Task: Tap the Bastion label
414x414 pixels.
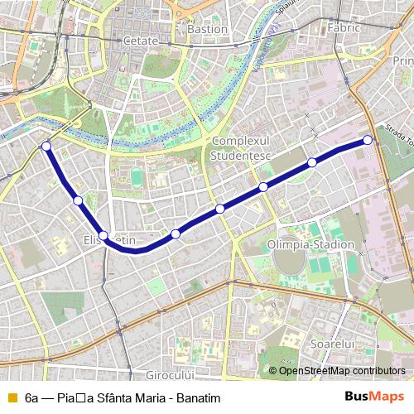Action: [x=208, y=29]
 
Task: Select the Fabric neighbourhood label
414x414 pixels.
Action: [x=344, y=27]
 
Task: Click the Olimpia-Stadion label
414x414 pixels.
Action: [x=310, y=245]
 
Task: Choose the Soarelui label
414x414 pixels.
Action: [x=331, y=342]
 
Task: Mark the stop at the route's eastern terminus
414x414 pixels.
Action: [x=367, y=140]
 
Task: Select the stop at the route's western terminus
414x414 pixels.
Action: [x=46, y=147]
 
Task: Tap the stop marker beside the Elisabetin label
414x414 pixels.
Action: [x=103, y=236]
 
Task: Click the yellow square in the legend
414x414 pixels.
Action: [x=12, y=398]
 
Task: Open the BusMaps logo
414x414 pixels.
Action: [x=375, y=397]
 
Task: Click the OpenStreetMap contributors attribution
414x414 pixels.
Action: [x=341, y=371]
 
